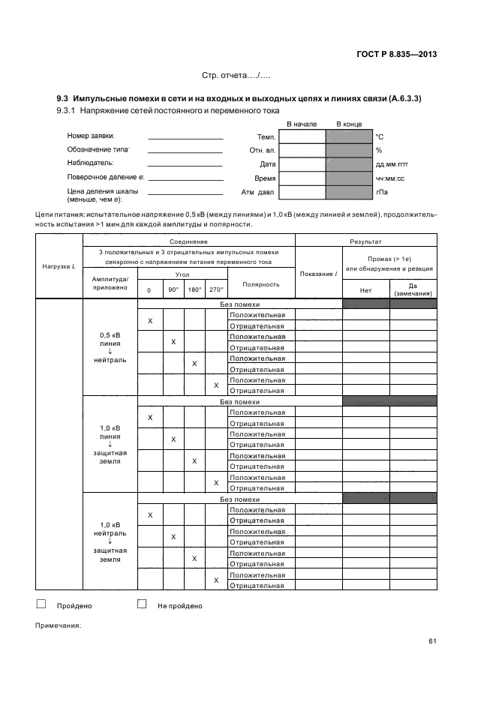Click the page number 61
coord(433,640)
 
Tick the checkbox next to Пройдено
coord(41,604)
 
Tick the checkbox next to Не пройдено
coord(142,604)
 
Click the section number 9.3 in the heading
coord(63,99)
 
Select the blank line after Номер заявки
coord(185,139)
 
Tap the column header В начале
coord(302,124)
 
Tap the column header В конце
coord(349,124)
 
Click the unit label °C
coord(380,136)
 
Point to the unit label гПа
coord(381,192)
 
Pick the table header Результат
coord(365,241)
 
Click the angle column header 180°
coord(194,289)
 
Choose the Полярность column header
coord(260,284)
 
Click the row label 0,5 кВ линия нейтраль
coord(110,347)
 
